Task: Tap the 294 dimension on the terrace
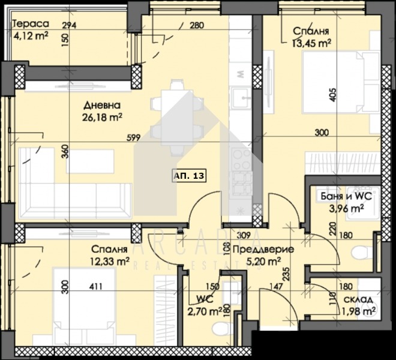70,25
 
